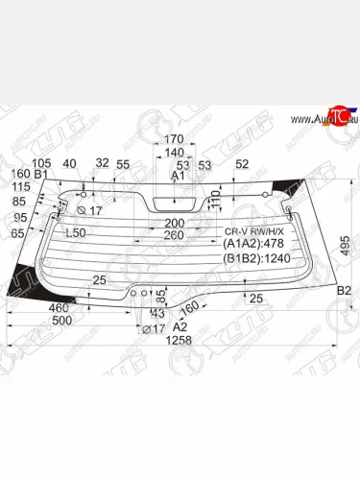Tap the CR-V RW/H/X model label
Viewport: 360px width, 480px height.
pyautogui.click(x=249, y=231)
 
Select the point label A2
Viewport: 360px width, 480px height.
pyautogui.click(x=180, y=325)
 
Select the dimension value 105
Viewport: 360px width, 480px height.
pyautogui.click(x=41, y=162)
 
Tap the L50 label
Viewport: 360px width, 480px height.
pyautogui.click(x=74, y=233)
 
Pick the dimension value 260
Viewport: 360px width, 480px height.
pyautogui.click(x=173, y=234)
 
